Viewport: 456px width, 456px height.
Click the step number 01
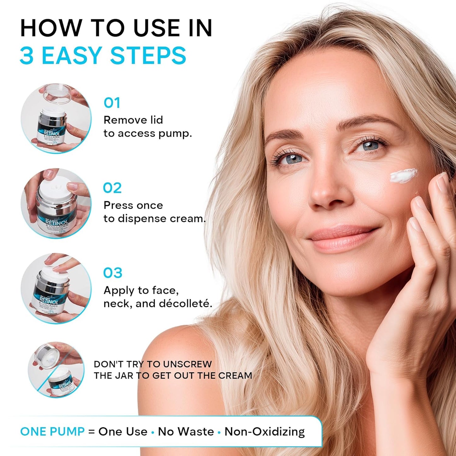112,103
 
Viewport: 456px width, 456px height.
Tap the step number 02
112,188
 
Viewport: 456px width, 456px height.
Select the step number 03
113,273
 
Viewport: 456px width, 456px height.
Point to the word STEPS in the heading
148,56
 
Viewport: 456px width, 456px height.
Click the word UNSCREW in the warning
187,364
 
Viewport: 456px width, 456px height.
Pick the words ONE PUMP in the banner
52,431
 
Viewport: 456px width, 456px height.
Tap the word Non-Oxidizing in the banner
264,431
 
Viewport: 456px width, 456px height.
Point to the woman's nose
328,192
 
